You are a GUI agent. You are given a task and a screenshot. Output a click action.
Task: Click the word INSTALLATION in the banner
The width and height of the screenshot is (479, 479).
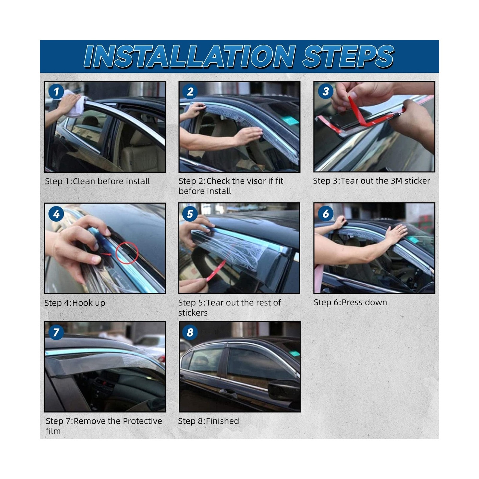[x=190, y=56]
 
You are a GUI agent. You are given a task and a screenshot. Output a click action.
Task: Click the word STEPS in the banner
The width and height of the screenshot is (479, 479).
[x=348, y=56]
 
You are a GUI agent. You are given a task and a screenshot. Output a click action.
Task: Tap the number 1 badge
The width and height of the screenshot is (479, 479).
[x=56, y=92]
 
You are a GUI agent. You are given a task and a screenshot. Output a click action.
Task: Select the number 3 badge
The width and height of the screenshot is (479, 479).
[x=326, y=91]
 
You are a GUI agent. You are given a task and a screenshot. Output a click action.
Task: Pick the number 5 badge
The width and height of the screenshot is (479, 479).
[x=190, y=214]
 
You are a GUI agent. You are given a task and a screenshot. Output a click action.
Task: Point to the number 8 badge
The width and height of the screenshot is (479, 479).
[x=190, y=332]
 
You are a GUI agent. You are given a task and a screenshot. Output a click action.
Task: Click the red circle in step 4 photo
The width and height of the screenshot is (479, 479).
[x=127, y=253]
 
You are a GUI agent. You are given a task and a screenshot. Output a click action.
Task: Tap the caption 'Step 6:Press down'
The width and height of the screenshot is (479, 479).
[x=350, y=302]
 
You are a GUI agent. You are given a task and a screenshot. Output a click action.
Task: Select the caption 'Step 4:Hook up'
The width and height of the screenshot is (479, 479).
[x=75, y=303]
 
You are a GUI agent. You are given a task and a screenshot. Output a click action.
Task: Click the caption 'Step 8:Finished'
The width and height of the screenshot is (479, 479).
[x=208, y=421]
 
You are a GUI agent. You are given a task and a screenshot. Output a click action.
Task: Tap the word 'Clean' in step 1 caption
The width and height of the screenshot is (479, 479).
[x=84, y=181]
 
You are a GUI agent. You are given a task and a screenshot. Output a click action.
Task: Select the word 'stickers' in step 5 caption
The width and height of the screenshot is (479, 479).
[x=193, y=313]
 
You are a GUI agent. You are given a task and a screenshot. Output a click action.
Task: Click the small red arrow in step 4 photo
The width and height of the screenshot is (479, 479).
[x=106, y=254]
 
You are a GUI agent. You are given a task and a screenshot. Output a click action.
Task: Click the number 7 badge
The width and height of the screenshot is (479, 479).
[x=56, y=332]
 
